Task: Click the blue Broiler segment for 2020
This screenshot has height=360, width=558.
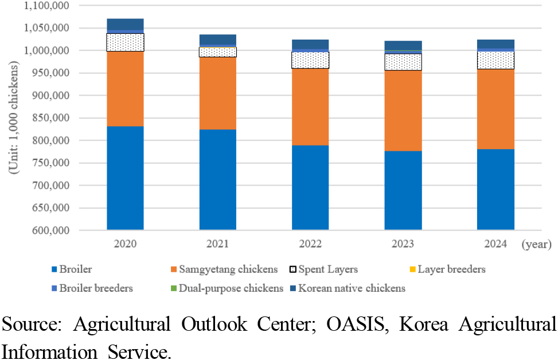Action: [125, 178]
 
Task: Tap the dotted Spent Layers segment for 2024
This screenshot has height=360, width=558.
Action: [495, 60]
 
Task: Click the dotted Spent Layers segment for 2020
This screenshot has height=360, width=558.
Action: [125, 42]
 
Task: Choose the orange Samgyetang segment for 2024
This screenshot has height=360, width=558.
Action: [495, 109]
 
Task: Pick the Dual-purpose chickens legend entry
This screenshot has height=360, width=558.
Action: [230, 288]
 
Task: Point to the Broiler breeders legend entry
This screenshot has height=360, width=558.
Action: [95, 288]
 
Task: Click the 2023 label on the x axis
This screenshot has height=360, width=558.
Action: [403, 244]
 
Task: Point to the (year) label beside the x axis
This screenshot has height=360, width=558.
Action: [536, 245]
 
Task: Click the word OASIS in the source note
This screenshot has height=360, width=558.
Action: [360, 324]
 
